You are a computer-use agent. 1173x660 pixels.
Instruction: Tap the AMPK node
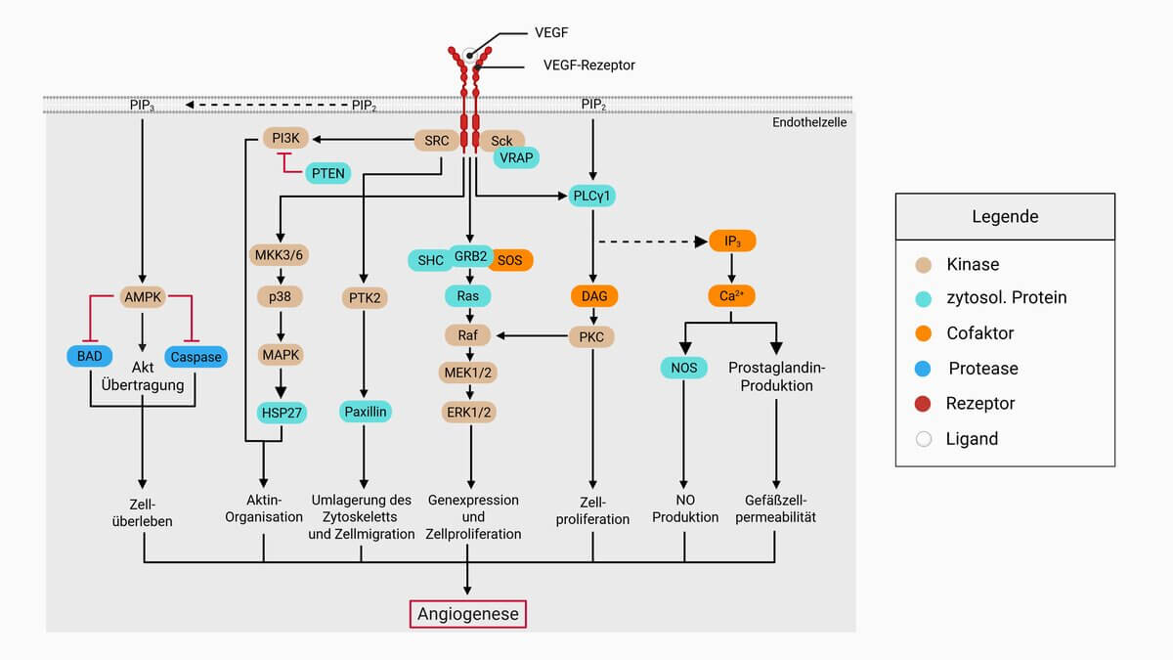(144, 295)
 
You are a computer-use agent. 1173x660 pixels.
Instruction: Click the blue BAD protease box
(90, 357)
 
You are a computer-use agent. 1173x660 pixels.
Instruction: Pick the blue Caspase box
(196, 357)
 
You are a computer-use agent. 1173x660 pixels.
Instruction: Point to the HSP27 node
(282, 413)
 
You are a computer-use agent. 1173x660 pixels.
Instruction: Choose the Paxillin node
(366, 412)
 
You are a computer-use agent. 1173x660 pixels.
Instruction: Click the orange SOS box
(509, 260)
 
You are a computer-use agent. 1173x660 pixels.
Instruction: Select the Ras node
(467, 295)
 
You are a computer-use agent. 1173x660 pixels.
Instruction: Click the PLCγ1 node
(593, 197)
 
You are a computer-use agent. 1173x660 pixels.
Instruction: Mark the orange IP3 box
(732, 241)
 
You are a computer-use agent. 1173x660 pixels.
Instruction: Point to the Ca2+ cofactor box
(732, 294)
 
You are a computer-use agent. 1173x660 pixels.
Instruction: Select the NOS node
(683, 368)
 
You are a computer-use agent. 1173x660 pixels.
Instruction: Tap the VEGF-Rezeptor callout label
(588, 66)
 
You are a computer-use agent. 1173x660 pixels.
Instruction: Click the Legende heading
(1005, 216)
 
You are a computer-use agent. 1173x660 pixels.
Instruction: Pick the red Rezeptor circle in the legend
(924, 404)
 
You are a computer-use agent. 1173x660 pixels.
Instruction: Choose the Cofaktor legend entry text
(979, 333)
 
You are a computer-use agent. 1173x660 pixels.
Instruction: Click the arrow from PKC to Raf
(533, 336)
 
